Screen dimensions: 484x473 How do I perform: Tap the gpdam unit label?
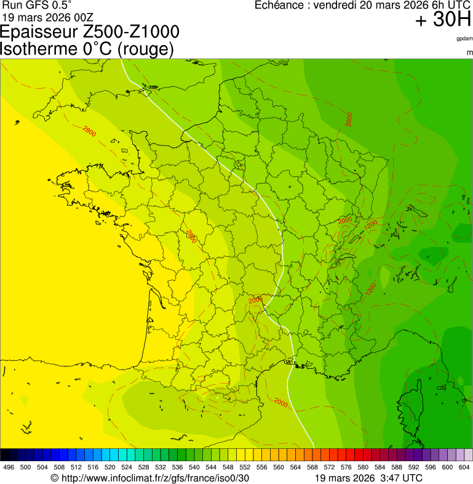coord(464,38)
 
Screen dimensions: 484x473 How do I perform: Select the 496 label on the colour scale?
coord(9,467)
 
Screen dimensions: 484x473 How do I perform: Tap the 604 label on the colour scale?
coord(464,467)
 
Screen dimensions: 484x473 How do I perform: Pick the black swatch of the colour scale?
coord(5,454)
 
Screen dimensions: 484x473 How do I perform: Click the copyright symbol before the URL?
coord(54,478)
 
